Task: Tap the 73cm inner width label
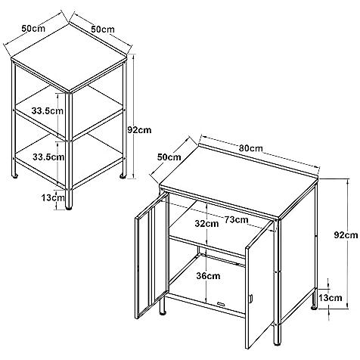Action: coord(237,220)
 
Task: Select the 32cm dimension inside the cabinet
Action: coord(206,224)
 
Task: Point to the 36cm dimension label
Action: coord(208,276)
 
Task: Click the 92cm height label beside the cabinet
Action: coord(346,235)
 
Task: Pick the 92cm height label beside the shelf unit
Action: coord(139,130)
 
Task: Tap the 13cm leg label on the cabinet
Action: coord(330,298)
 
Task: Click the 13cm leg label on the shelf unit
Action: coord(53,197)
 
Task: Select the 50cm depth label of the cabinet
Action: coord(169,157)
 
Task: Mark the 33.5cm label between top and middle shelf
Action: coord(48,110)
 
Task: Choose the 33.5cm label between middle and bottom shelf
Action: coord(48,157)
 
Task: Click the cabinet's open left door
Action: coord(152,255)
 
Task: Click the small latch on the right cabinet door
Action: coord(251,299)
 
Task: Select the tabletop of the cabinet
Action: coord(239,181)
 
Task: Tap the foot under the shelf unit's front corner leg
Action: coord(69,208)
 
